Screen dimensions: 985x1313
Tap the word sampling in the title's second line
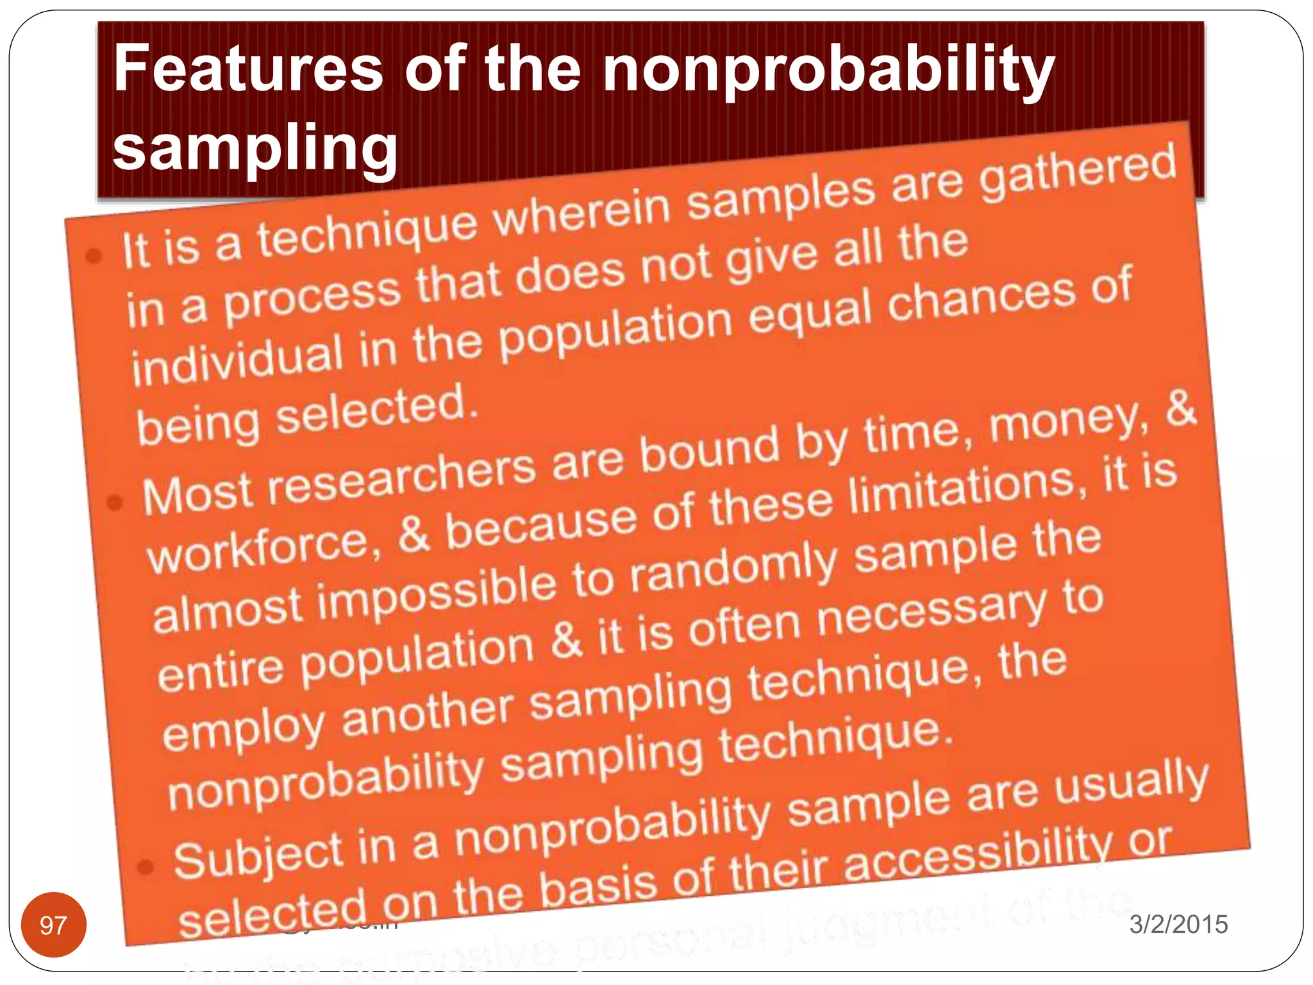tap(255, 147)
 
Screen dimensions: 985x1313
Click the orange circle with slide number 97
tap(53, 925)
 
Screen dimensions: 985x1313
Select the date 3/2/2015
tap(1178, 924)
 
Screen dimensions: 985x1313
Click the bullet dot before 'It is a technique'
tap(94, 257)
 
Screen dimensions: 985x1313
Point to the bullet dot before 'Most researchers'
tap(115, 502)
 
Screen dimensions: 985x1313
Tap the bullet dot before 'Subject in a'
tap(146, 867)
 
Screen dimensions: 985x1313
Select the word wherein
tap(583, 215)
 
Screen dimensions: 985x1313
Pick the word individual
tap(237, 360)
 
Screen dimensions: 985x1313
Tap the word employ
tap(244, 728)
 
